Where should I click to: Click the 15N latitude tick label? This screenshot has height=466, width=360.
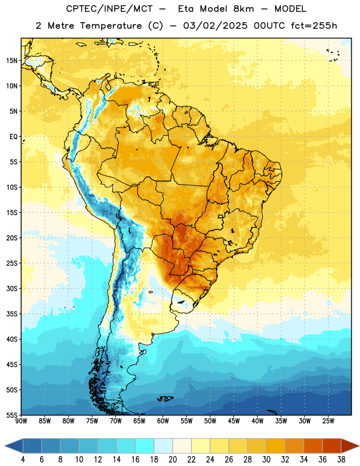tap(12, 61)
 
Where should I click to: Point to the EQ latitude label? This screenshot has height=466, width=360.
tap(13, 137)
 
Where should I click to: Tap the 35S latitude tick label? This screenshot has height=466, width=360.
tap(12, 314)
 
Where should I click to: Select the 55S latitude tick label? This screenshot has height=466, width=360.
tap(12, 415)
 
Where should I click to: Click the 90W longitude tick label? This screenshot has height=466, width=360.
tap(21, 421)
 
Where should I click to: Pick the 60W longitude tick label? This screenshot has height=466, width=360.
tap(163, 421)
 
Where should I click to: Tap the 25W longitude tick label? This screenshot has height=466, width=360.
tap(328, 421)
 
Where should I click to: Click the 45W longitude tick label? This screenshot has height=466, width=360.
tap(234, 421)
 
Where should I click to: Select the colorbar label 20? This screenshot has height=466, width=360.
tap(172, 460)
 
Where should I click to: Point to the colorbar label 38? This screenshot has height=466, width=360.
tap(341, 460)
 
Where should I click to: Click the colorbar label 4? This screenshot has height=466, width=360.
tap(23, 460)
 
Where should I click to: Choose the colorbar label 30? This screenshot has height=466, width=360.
tap(266, 460)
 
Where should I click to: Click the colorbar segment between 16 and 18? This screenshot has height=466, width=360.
tap(145, 446)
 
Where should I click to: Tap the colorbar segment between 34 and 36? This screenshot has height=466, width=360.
tap(313, 446)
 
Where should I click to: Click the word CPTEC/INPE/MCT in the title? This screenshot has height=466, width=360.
tap(110, 9)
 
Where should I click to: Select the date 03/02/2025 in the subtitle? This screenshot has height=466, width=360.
tap(215, 26)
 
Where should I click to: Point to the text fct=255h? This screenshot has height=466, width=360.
tap(314, 26)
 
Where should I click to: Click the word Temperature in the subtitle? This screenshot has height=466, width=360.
tap(111, 26)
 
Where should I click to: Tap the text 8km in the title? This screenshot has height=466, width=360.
tap(243, 9)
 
